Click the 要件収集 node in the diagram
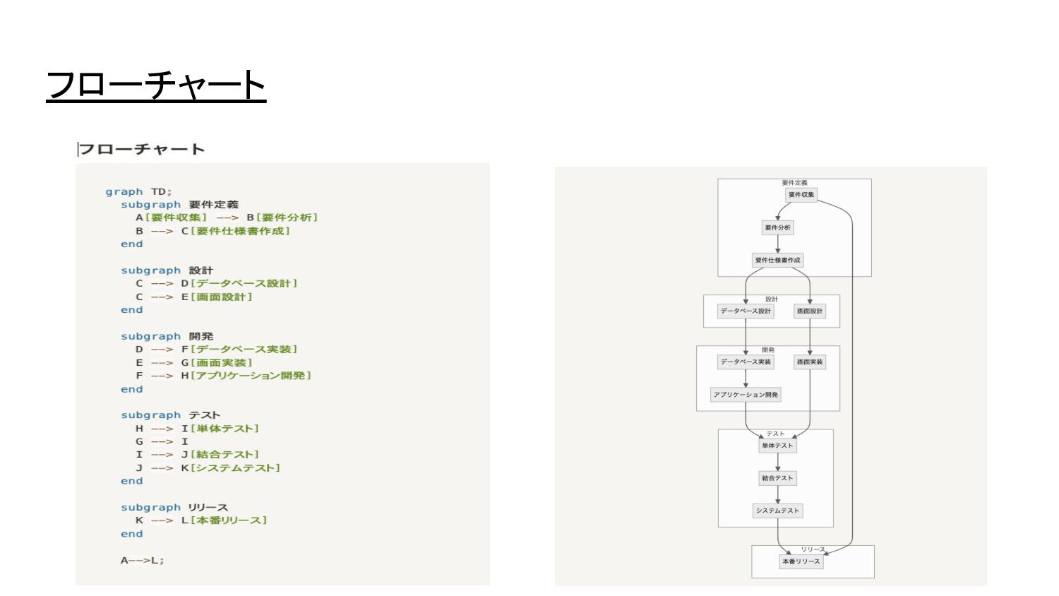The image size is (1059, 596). click(801, 195)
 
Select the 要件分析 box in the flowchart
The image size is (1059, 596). click(777, 227)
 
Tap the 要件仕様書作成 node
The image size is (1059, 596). click(777, 260)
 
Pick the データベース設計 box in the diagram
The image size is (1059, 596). click(746, 311)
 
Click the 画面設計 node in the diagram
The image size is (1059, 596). click(810, 311)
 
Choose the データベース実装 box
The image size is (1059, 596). click(746, 362)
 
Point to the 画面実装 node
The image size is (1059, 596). click(810, 362)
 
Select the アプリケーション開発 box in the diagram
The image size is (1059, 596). click(746, 395)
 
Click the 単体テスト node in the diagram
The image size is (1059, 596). click(777, 446)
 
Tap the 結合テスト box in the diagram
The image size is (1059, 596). click(777, 478)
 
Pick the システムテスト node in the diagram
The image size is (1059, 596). click(777, 511)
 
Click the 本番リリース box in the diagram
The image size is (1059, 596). click(801, 561)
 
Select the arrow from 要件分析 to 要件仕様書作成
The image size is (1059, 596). click(777, 244)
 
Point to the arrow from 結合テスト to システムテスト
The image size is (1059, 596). click(777, 494)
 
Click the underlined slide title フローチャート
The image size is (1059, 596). click(156, 85)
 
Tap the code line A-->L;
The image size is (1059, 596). click(142, 561)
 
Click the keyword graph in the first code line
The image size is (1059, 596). click(124, 192)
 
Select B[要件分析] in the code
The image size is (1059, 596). click(282, 217)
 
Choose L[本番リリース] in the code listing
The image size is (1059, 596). click(224, 520)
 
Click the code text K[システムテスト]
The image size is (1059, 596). click(231, 468)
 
